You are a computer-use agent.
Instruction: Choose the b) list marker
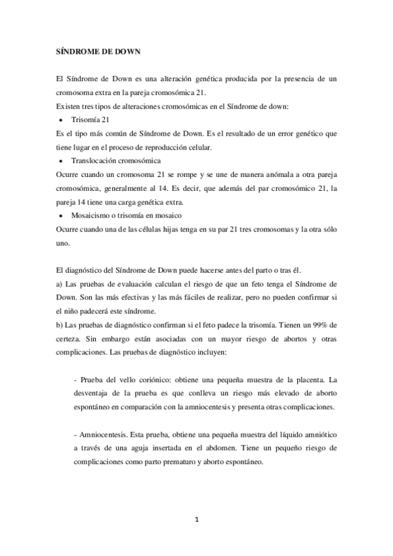pos(59,325)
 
